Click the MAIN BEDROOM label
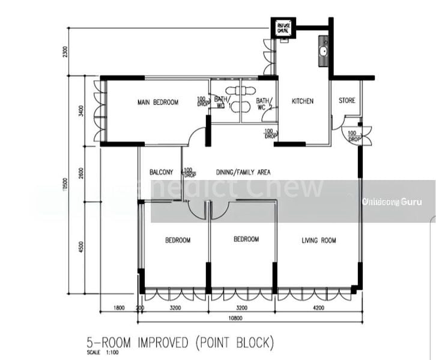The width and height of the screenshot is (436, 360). click(157, 103)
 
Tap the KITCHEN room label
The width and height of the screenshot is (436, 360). click(302, 101)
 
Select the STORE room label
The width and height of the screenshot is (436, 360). click(347, 101)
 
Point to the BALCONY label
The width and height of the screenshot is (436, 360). click(162, 172)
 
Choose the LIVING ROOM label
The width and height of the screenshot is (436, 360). click(319, 241)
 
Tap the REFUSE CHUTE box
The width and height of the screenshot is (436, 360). click(282, 29)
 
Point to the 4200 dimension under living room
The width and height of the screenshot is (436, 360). click(318, 308)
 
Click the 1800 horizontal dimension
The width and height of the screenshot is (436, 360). click(119, 308)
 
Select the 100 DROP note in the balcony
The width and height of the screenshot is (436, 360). click(190, 173)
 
